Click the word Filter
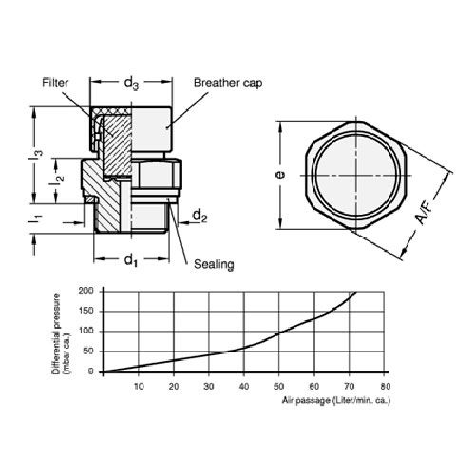pyautogui.click(x=55, y=83)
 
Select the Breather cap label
pyautogui.click(x=228, y=83)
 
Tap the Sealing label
pyautogui.click(x=214, y=264)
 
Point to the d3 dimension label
pyautogui.click(x=131, y=83)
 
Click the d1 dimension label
pyautogui.click(x=131, y=260)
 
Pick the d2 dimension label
pyautogui.click(x=200, y=216)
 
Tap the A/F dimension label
pyautogui.click(x=424, y=214)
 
